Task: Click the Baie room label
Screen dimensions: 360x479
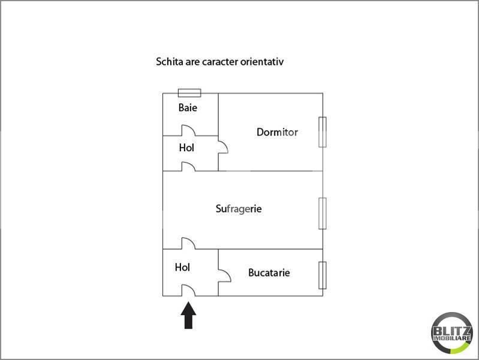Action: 188,108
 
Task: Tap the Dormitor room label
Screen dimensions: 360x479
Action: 277,132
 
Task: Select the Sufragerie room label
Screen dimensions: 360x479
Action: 239,209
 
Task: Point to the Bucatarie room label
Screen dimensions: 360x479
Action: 269,272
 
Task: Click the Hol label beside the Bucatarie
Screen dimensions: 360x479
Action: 182,267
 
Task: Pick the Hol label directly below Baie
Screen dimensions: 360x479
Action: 186,148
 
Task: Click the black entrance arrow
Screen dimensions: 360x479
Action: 189,316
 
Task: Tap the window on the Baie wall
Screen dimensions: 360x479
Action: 189,92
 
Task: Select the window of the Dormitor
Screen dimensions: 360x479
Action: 323,132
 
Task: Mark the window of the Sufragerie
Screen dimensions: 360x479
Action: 323,213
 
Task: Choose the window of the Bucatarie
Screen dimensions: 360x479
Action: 323,277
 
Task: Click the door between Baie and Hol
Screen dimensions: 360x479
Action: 187,131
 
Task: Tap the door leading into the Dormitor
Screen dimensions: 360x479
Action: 222,148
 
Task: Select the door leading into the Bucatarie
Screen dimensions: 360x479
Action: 225,275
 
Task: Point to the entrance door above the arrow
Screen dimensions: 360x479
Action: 188,290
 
